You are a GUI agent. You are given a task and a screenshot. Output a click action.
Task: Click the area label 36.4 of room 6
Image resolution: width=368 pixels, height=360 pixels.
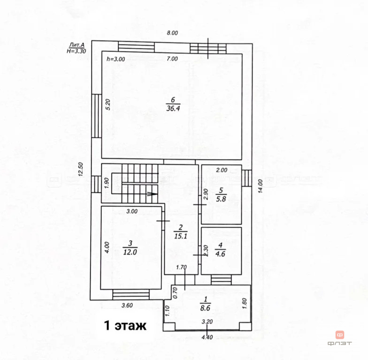click(173, 108)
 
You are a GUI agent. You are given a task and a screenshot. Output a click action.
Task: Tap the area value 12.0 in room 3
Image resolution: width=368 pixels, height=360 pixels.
click(130, 252)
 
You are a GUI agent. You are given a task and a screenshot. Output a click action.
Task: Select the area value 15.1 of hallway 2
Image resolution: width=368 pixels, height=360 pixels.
click(180, 236)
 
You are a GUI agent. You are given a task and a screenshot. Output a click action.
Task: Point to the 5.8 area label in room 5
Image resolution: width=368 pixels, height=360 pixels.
click(221, 199)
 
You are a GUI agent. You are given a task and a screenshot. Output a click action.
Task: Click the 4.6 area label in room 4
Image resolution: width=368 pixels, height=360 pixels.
click(220, 254)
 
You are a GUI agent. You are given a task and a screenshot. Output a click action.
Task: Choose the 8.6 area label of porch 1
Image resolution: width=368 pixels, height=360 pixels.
click(205, 308)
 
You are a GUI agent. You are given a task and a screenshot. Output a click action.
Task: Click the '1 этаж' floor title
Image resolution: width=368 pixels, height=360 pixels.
click(125, 325)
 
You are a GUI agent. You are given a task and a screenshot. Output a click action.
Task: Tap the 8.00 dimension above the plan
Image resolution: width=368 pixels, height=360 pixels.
click(172, 33)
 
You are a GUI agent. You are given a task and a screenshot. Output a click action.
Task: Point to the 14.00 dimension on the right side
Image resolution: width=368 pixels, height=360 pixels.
click(260, 186)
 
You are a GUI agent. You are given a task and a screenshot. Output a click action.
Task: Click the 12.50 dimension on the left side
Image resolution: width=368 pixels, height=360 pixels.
click(81, 169)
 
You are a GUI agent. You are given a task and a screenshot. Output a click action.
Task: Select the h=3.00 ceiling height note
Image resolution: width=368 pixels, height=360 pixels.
click(115, 59)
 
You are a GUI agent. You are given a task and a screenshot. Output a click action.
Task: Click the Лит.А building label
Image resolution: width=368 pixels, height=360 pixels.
click(77, 45)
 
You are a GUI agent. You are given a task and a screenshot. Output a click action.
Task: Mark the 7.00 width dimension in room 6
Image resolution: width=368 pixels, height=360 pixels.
click(172, 59)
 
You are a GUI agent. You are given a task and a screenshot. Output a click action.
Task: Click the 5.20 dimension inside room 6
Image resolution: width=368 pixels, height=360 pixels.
click(108, 104)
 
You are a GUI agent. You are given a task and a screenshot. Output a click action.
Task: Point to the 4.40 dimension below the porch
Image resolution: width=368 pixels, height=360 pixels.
click(207, 337)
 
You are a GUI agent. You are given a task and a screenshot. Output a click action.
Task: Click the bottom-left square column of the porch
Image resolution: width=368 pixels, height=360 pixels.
click(169, 326)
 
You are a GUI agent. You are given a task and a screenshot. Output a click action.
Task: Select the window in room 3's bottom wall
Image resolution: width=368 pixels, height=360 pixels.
click(131, 294)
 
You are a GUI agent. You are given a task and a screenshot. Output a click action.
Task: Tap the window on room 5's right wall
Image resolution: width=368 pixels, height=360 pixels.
click(246, 178)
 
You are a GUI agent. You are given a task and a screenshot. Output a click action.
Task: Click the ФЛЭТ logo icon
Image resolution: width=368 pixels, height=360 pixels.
click(340, 335)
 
